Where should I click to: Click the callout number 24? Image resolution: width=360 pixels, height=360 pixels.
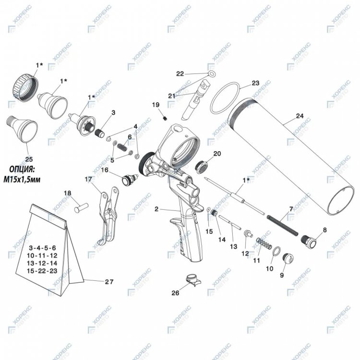300,116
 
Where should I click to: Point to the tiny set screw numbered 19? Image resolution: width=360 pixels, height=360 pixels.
165,118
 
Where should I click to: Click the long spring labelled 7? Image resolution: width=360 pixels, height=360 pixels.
282,226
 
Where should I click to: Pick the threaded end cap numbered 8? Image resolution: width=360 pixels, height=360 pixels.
309,241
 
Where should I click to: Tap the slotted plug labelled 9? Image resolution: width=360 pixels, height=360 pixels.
288,259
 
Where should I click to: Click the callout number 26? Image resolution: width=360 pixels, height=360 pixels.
175,293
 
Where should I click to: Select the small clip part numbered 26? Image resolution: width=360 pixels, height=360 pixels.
193,280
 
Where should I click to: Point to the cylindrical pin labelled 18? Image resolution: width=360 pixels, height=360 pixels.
82,207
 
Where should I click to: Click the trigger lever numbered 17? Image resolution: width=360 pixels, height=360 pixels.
108,215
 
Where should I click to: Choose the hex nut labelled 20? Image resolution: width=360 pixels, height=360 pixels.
201,166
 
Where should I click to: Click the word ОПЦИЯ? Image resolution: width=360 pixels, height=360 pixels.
22,169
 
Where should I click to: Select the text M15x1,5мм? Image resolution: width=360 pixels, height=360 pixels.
22,180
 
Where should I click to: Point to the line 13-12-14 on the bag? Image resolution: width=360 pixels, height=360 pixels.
42,263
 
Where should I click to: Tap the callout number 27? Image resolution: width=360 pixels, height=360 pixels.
109,281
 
